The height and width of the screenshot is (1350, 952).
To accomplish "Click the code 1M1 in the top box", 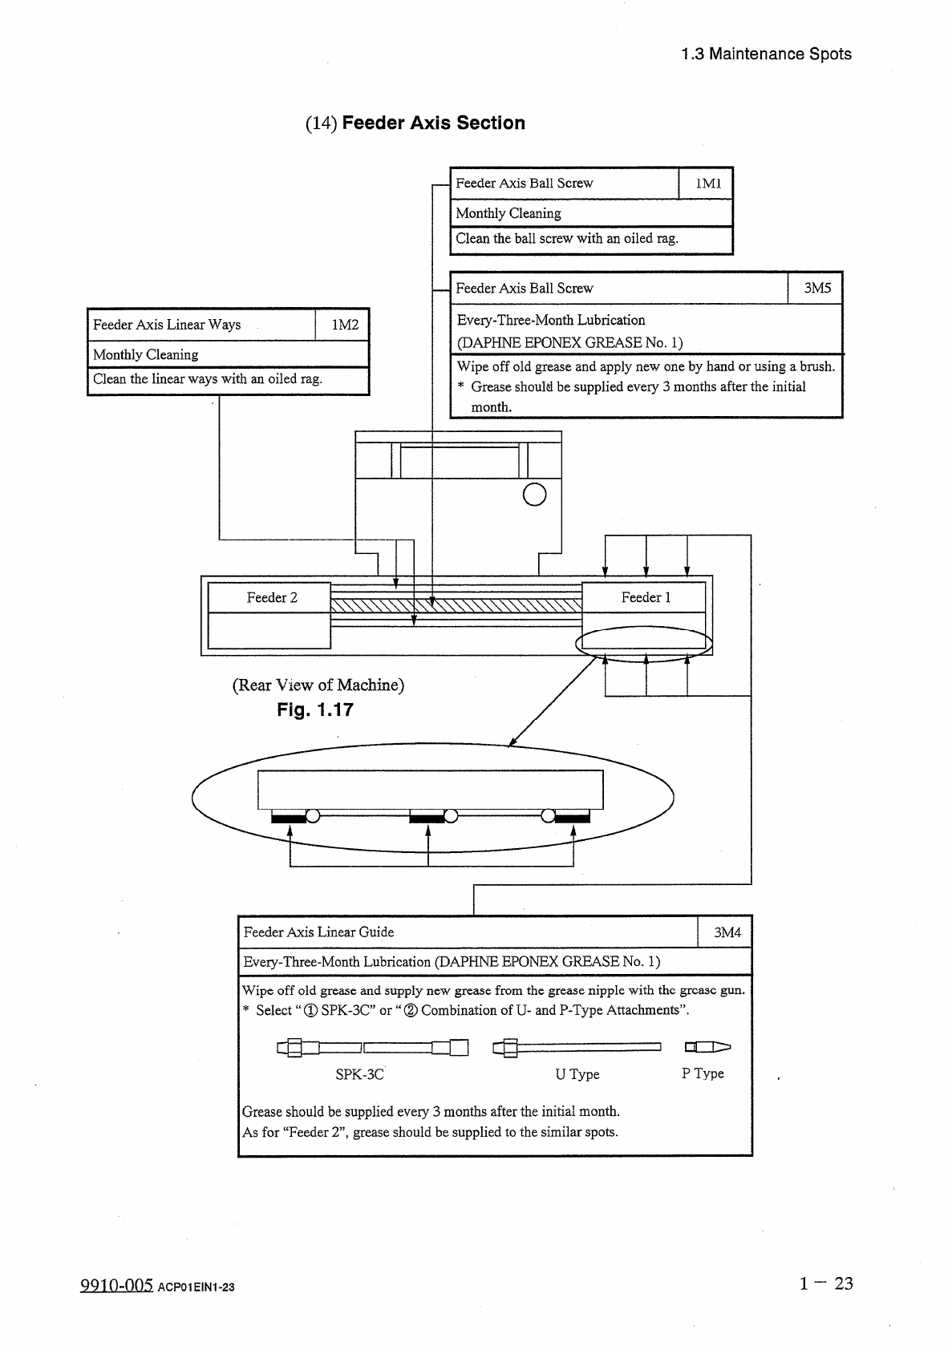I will tap(708, 184).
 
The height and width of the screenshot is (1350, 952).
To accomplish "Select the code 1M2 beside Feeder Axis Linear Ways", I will tap(345, 325).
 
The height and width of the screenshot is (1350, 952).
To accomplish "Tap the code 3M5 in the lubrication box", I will tap(817, 289).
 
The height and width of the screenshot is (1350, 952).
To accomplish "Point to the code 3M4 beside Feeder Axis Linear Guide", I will tap(727, 932).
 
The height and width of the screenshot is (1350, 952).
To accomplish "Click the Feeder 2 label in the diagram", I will tap(272, 598).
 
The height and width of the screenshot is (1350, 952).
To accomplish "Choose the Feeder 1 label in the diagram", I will tap(646, 598).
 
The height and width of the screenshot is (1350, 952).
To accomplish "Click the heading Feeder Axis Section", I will tap(433, 123).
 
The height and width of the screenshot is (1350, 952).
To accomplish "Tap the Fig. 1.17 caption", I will tap(314, 710).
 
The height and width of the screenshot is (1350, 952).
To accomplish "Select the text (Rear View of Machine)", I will tap(318, 685).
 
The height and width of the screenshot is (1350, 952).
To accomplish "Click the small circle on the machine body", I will tap(534, 495).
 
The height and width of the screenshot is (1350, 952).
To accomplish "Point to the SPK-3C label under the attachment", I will tap(359, 1074).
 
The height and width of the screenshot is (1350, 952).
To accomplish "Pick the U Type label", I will tap(577, 1074).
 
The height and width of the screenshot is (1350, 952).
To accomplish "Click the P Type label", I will tap(703, 1073).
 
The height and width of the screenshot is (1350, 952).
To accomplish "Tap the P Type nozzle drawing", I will tap(707, 1046).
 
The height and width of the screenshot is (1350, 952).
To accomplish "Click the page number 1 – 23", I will tap(825, 1283).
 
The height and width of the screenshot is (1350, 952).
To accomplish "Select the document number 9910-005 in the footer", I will tap(116, 1286).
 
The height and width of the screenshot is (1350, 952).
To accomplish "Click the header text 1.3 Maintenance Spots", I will tap(766, 55).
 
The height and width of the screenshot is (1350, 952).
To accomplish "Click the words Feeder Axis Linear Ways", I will tap(167, 325).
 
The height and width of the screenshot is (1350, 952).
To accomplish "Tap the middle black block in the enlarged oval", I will tap(427, 818).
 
